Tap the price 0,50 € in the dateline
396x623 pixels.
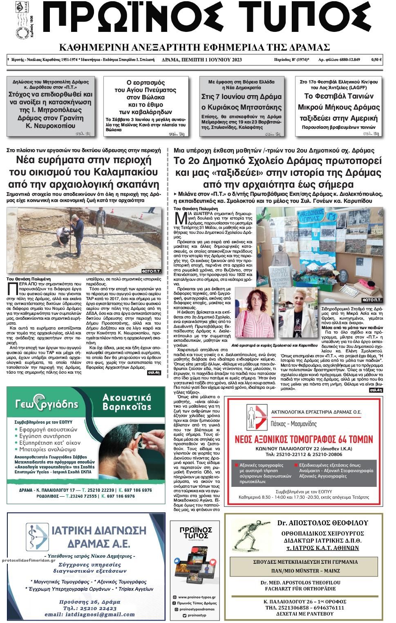[x=376, y=60]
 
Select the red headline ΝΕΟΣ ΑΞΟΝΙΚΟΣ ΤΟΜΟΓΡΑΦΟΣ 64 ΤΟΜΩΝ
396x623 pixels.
[x=304, y=439]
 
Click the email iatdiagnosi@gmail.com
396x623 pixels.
[x=90, y=614]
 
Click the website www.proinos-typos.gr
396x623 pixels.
[x=195, y=597]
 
